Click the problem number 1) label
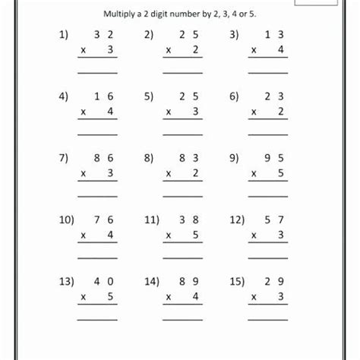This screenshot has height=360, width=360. (x=62, y=35)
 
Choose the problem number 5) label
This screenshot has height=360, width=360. (x=148, y=97)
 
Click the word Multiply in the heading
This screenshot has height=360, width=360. (x=125, y=14)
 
